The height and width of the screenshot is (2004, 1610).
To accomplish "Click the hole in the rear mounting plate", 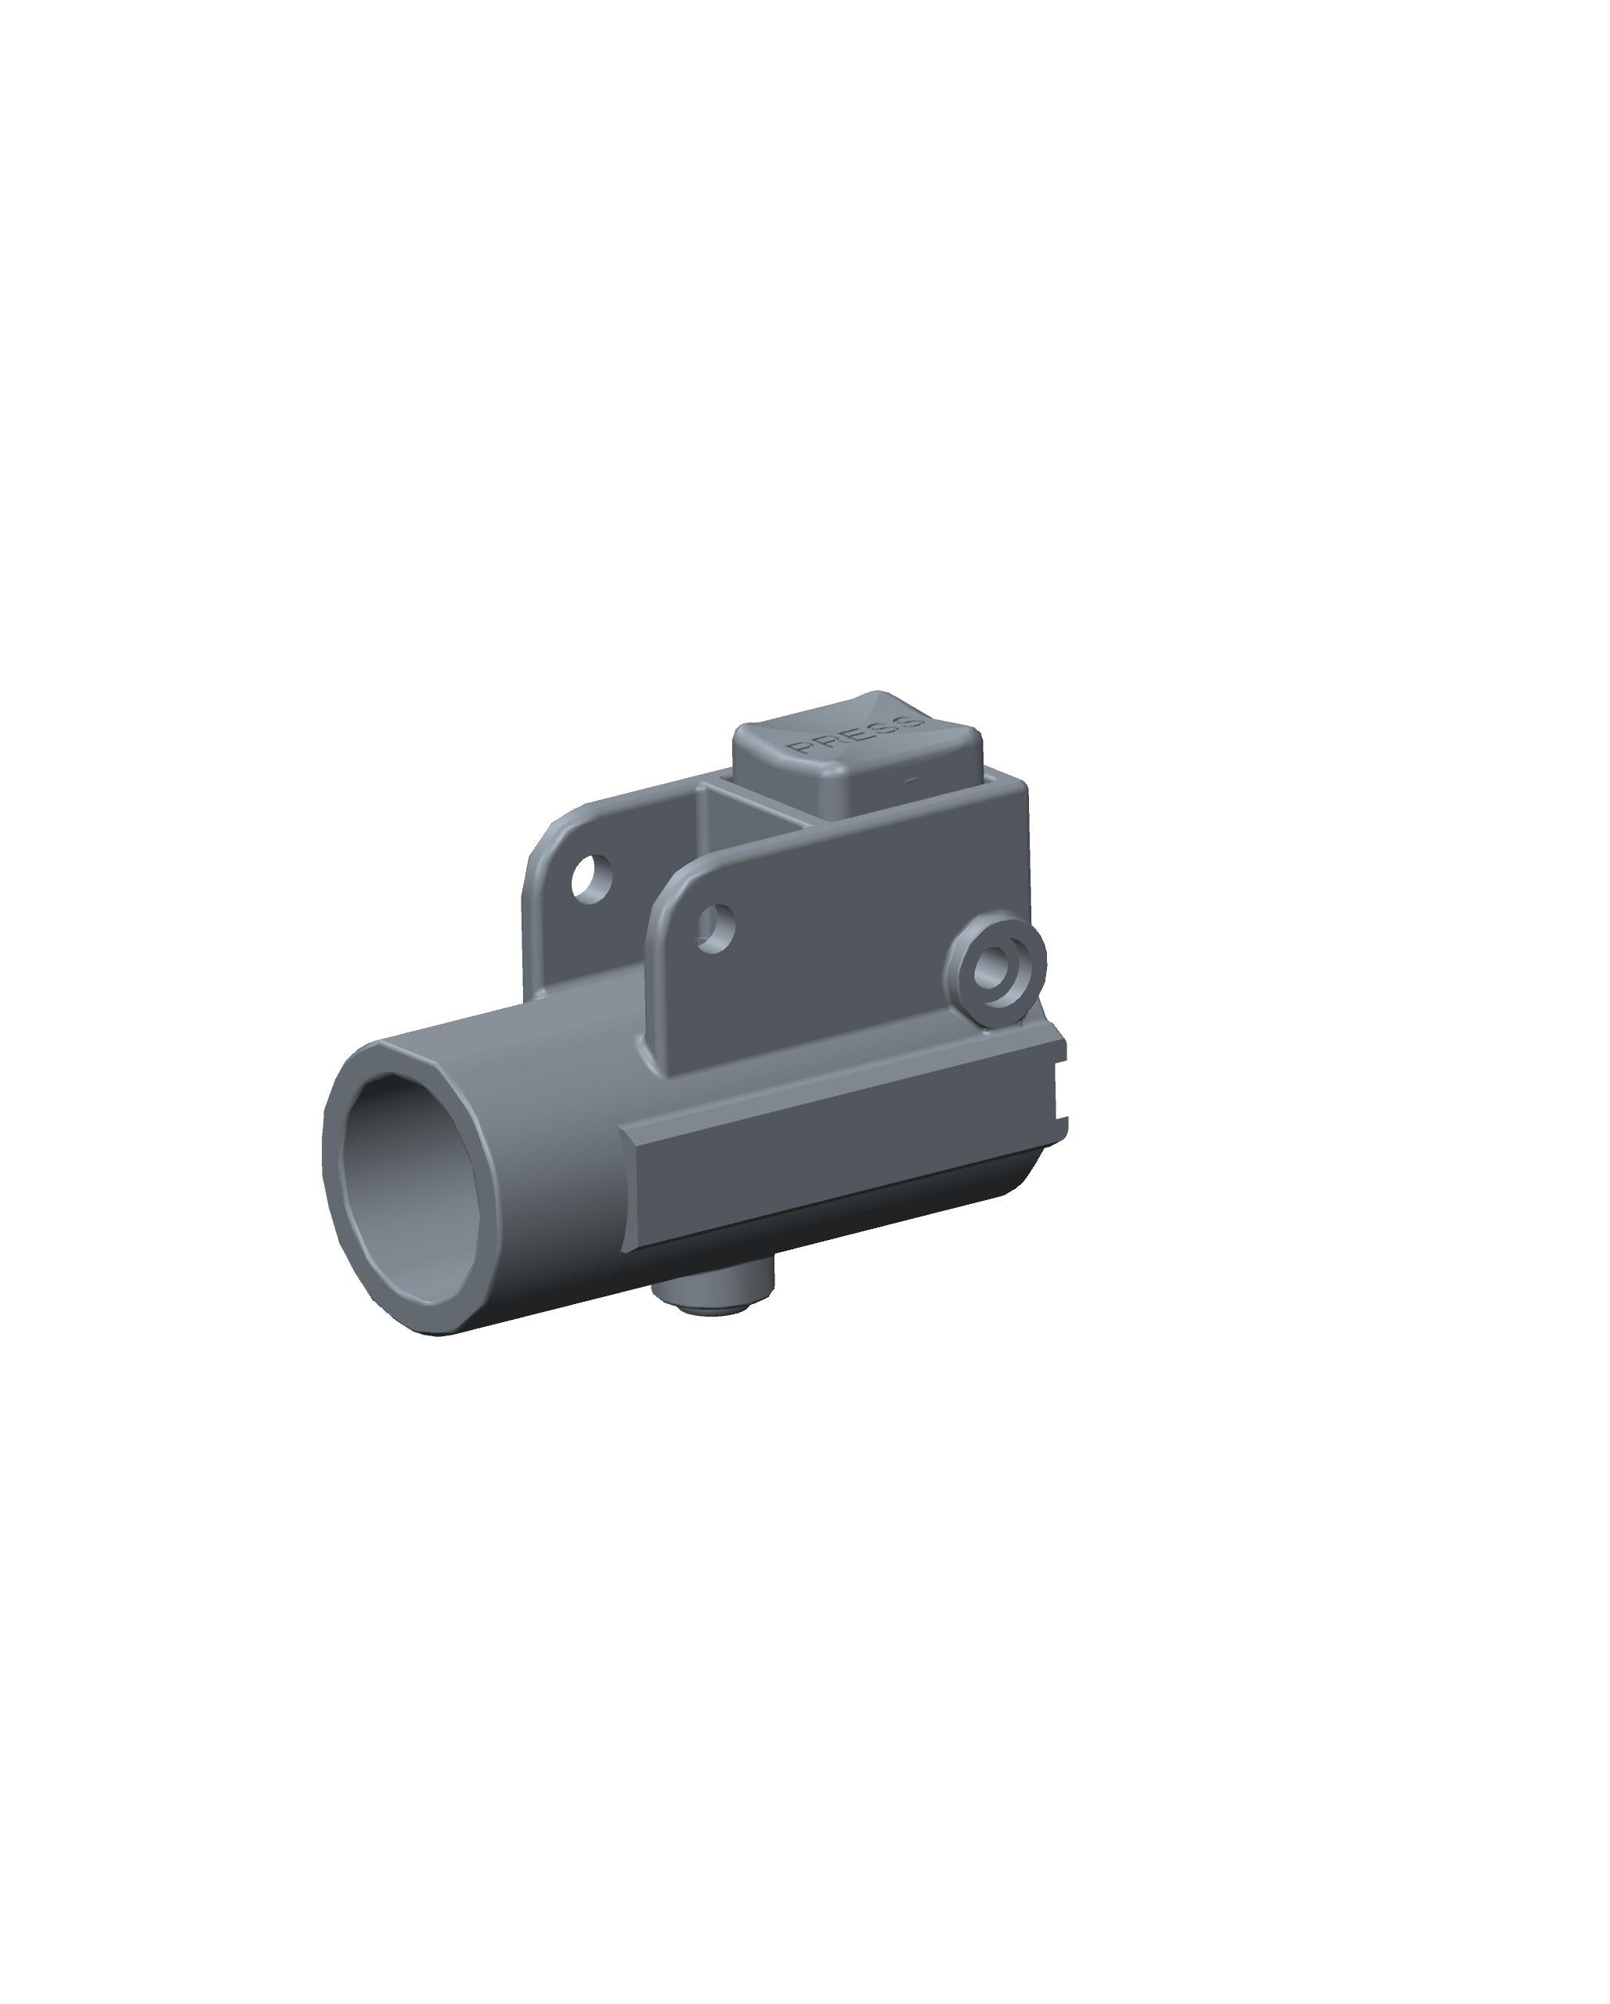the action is (x=592, y=878).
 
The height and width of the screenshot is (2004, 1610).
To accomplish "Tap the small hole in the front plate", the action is (x=716, y=928).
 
